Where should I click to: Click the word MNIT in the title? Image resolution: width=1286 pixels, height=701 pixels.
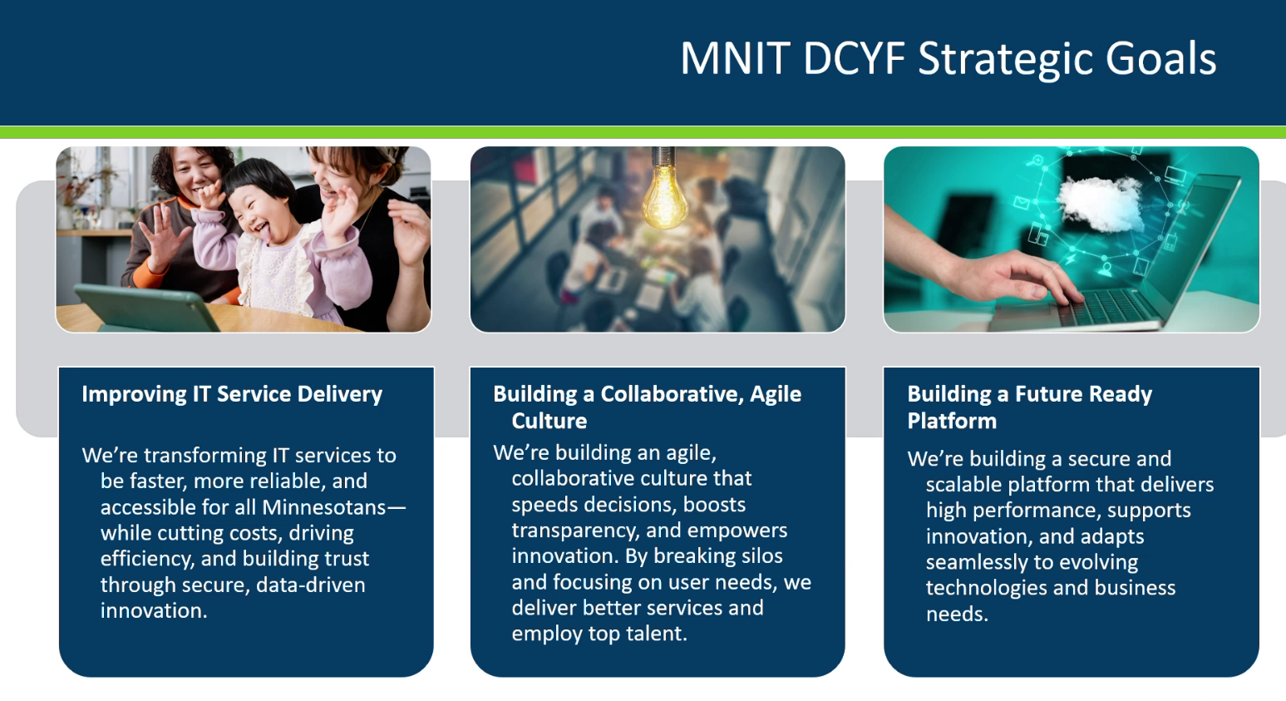(x=736, y=58)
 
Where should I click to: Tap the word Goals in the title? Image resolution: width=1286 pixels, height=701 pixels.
(x=1160, y=58)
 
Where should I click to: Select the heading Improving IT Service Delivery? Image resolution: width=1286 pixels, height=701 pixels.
(x=232, y=395)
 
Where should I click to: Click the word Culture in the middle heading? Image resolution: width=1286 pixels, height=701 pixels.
(x=549, y=421)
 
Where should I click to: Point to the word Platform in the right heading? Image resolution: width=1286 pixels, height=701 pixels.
(x=952, y=421)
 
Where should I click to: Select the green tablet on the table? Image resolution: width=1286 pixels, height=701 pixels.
(x=146, y=307)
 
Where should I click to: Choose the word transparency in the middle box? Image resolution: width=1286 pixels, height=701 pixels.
(x=575, y=531)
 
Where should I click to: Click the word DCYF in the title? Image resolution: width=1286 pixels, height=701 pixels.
(x=854, y=58)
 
